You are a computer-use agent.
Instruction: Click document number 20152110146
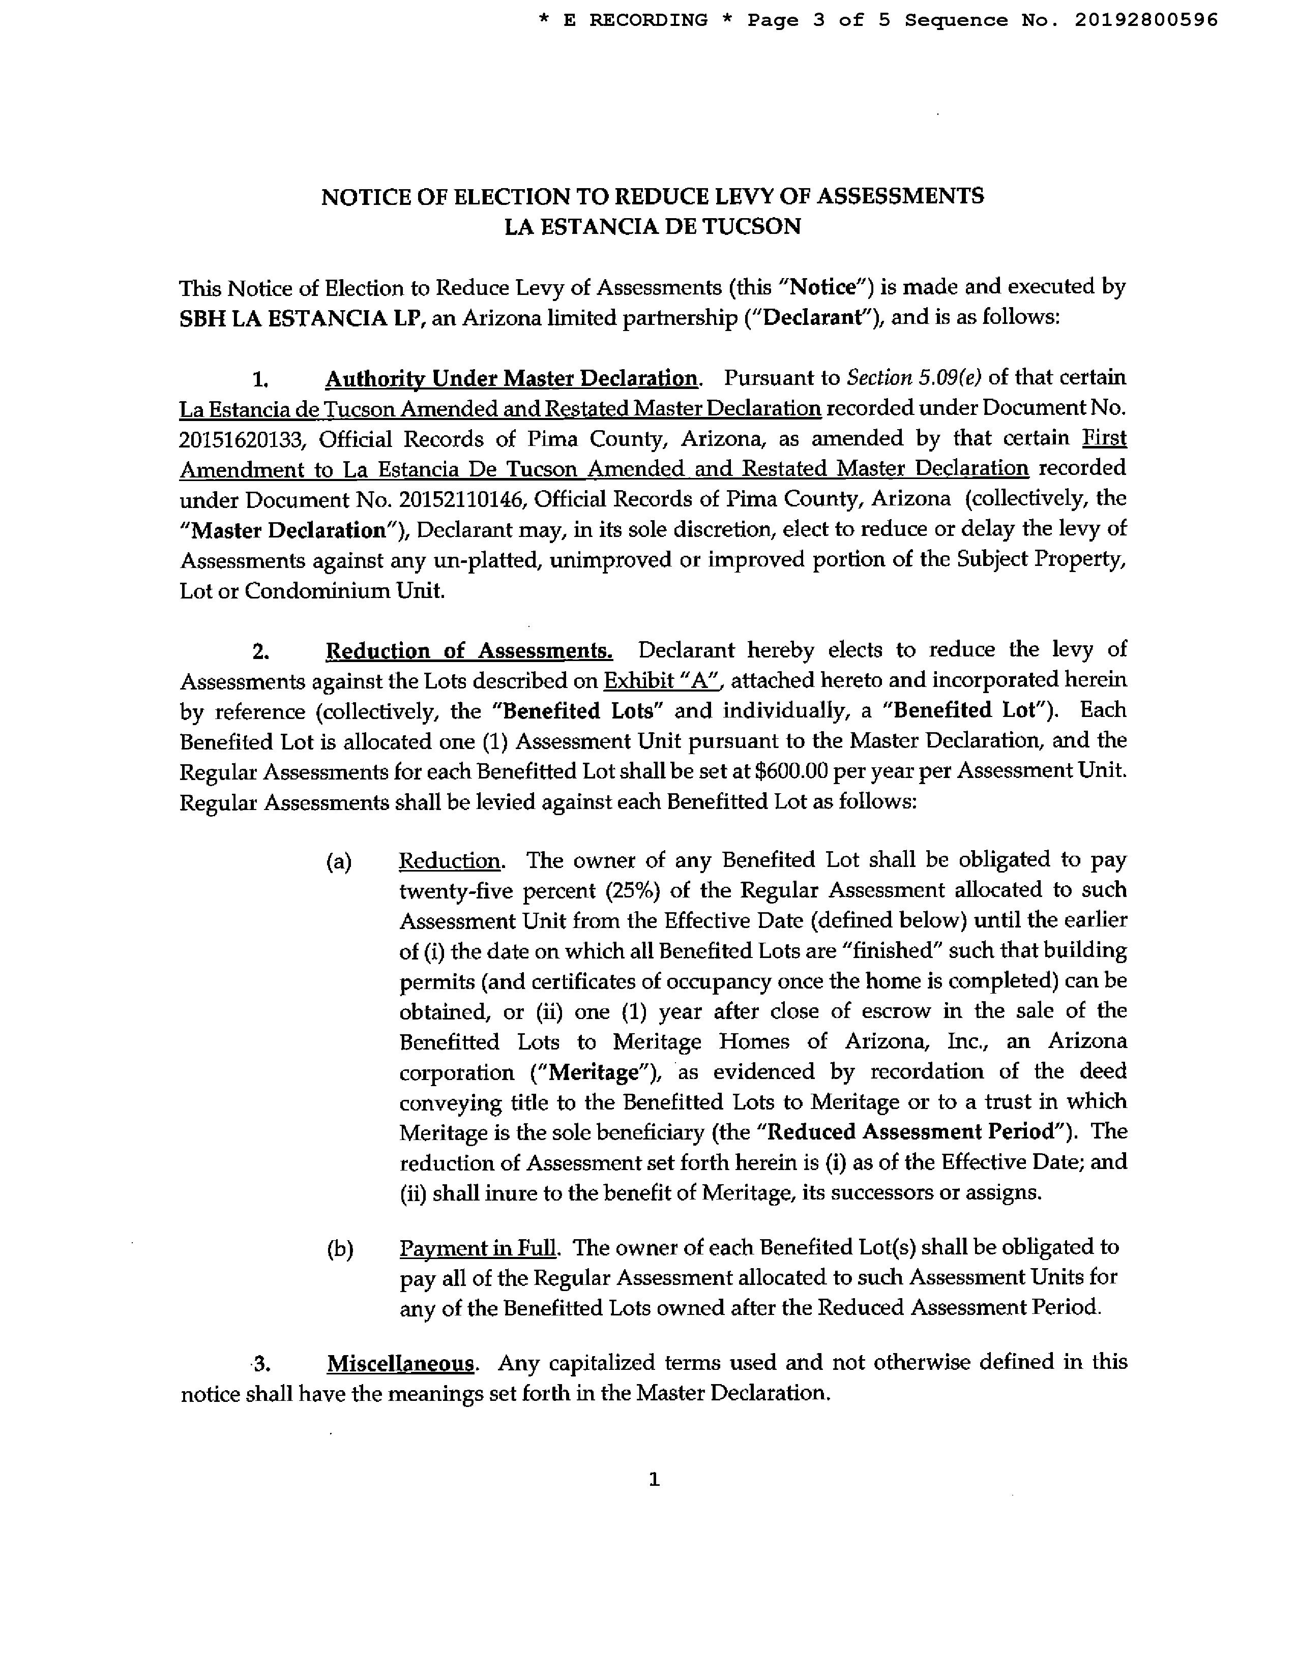461,499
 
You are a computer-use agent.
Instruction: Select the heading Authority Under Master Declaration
511,378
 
